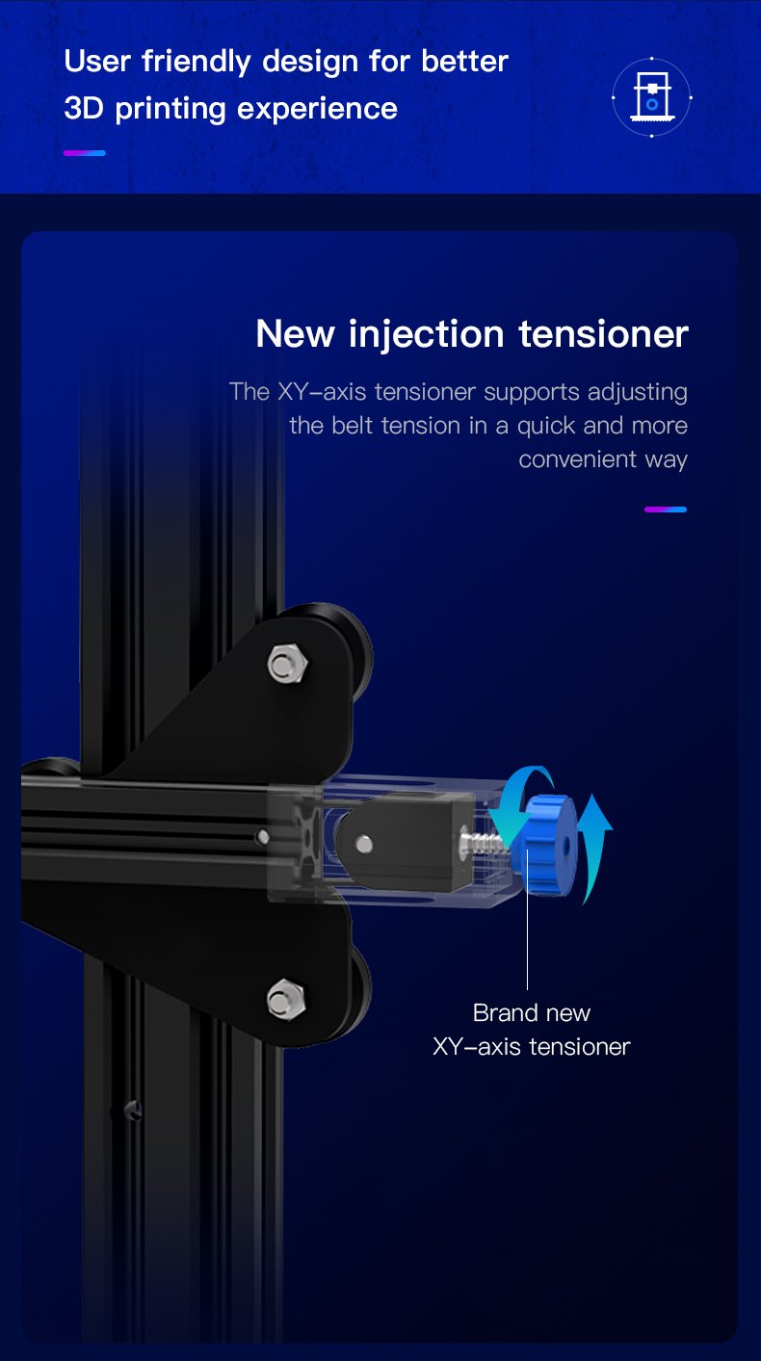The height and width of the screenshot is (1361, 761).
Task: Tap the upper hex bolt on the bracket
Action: pos(287,664)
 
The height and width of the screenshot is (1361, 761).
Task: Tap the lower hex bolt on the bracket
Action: pos(286,999)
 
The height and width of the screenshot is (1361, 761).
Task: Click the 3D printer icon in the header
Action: pos(651,97)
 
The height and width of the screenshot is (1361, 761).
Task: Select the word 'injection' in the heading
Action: pos(426,335)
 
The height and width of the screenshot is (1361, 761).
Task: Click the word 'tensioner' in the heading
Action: pos(603,335)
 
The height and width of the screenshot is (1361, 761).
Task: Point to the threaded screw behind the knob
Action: pos(485,841)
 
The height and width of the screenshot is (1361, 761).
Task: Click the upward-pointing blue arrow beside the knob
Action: pos(593,848)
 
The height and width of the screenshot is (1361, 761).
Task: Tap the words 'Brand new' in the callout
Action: pos(531,1013)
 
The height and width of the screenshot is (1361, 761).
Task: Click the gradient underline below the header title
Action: pos(85,153)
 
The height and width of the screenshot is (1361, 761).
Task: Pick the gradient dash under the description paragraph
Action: pos(666,510)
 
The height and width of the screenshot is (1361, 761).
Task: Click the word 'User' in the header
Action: pos(97,62)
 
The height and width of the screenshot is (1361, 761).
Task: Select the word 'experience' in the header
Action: pos(317,110)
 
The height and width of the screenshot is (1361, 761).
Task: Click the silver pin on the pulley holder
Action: pos(364,844)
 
